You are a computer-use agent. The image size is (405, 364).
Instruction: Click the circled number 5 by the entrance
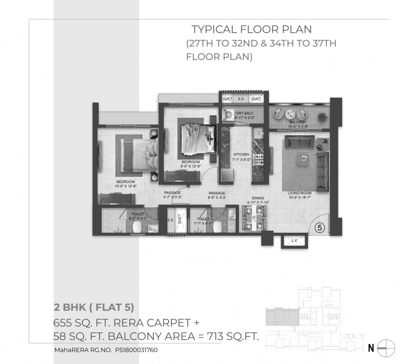320,228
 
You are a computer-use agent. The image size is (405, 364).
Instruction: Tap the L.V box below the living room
295,241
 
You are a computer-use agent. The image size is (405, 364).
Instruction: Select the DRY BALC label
244,113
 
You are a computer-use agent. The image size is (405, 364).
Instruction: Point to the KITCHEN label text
241,154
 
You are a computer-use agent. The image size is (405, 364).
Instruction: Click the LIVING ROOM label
299,193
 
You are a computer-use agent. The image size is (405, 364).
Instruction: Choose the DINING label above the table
258,198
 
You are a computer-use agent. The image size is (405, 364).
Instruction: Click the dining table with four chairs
254,217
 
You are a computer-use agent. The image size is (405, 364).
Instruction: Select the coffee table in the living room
304,158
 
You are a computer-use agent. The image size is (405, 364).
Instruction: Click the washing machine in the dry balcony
228,115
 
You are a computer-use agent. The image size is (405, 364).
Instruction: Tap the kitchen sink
258,134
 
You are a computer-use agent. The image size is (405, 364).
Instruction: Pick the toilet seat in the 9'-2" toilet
137,227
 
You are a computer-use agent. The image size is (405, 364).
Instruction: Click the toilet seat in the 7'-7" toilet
218,227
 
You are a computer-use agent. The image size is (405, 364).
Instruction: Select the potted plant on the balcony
322,116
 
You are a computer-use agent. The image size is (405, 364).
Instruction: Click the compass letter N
371,348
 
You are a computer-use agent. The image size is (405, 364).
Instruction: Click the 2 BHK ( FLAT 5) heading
94,308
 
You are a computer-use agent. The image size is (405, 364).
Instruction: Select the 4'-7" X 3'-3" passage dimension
172,197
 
